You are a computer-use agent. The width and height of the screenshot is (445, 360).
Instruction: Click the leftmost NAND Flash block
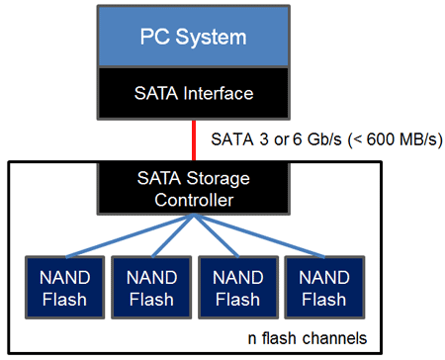[x=61, y=284]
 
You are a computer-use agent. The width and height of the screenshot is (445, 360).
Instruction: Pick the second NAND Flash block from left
[x=145, y=284]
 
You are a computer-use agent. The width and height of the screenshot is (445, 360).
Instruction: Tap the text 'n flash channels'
[x=308, y=338]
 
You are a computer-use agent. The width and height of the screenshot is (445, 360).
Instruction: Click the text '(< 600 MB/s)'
[x=394, y=139]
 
